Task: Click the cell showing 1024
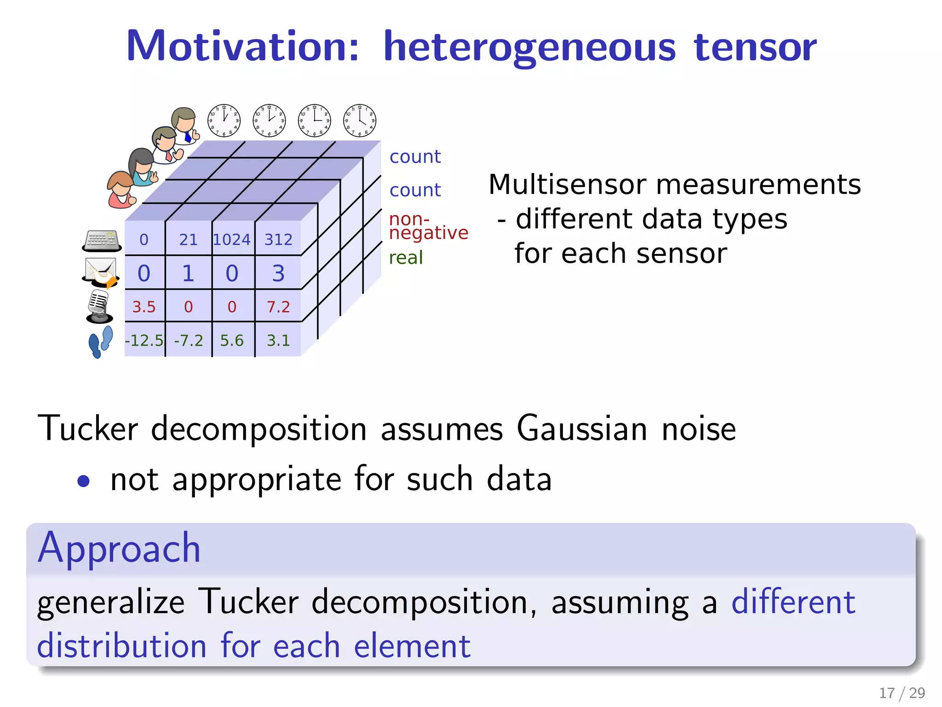click(232, 239)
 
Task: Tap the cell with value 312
click(278, 239)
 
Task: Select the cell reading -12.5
click(144, 341)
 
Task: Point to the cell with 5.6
click(232, 341)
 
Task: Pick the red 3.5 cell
click(144, 307)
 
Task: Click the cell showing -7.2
click(189, 341)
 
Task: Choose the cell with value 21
click(189, 239)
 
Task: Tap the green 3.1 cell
click(278, 341)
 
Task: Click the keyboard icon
click(102, 241)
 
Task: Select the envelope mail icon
click(101, 272)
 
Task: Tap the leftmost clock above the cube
click(224, 121)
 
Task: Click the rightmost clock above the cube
click(360, 121)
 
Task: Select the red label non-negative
click(428, 226)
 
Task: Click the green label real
click(406, 258)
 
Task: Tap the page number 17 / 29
click(902, 693)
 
